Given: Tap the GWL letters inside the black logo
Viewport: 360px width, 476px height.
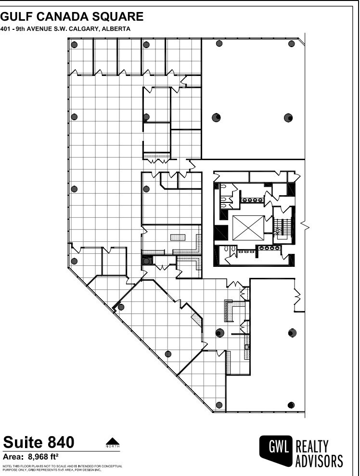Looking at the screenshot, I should pyautogui.click(x=276, y=447).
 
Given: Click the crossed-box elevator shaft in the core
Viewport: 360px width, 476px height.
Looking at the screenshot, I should pyautogui.click(x=247, y=228).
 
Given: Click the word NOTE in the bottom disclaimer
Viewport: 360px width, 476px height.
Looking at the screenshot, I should pyautogui.click(x=8, y=466).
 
